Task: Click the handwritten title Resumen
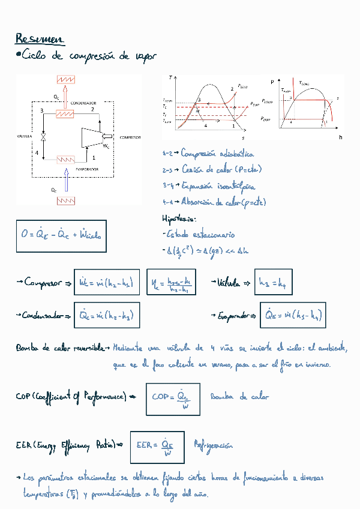39,39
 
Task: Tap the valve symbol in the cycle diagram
44,137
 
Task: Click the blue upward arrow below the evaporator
67,181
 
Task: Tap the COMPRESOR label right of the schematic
130,137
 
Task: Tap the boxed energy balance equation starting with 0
61,235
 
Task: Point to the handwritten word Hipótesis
179,218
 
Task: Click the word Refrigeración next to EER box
213,446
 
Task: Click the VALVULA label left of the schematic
24,137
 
